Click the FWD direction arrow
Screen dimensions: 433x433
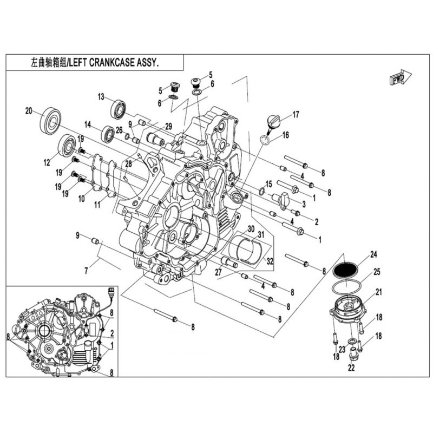click(x=401, y=78)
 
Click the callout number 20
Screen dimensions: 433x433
click(x=29, y=111)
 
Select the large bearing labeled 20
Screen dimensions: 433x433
click(x=50, y=120)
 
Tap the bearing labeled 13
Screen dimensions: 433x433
click(x=119, y=108)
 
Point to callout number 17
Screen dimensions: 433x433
click(x=296, y=114)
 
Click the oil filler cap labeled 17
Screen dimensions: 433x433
click(x=272, y=123)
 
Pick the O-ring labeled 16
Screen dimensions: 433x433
click(x=265, y=140)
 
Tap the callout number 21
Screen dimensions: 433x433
click(x=379, y=292)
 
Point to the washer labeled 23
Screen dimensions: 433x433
click(x=353, y=342)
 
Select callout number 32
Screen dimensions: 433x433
click(x=270, y=261)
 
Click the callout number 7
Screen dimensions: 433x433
click(x=86, y=271)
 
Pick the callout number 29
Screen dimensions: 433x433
click(x=168, y=127)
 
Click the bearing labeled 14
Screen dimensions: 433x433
click(x=108, y=135)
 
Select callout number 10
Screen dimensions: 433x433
click(x=82, y=198)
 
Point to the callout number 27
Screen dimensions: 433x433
click(x=219, y=272)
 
